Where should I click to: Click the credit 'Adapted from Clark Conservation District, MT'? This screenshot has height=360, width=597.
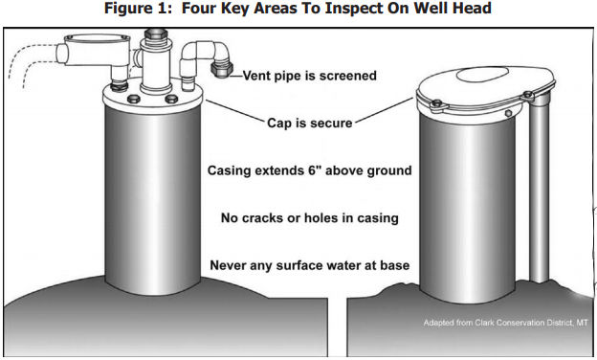point(504,322)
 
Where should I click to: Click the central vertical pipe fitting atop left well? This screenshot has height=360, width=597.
point(153,53)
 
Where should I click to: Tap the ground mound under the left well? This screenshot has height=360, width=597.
point(144,316)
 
